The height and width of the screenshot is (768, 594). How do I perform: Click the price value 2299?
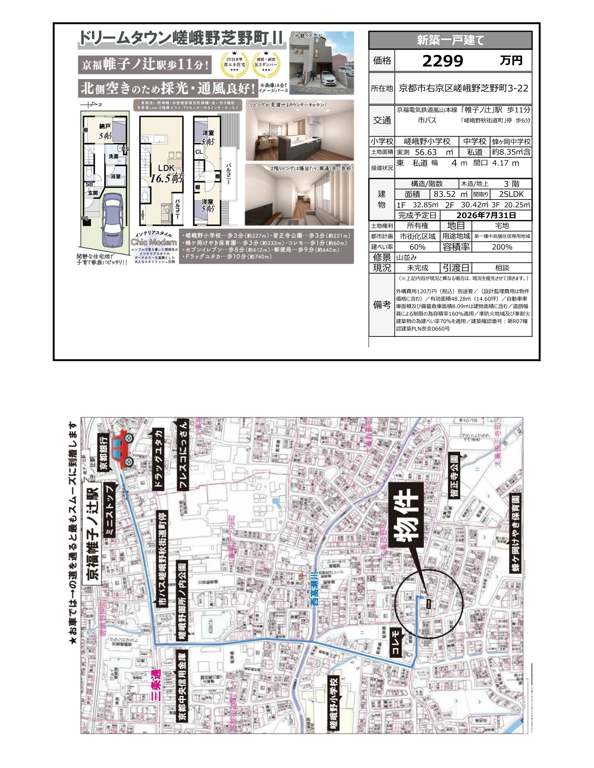tap(443, 61)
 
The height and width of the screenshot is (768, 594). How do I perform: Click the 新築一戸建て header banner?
tap(450, 40)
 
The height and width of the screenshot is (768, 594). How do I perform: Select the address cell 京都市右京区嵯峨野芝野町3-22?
tap(464, 89)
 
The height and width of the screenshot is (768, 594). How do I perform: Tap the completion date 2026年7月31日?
tap(486, 216)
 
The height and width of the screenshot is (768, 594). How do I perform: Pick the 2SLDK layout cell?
tap(511, 194)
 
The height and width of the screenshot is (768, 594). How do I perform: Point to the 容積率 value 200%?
tap(502, 247)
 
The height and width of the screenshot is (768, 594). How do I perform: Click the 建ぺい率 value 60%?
tap(417, 247)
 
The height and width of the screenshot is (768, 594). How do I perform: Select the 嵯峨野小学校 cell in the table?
tap(427, 142)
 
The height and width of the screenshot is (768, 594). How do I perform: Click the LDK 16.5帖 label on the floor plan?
tap(166, 174)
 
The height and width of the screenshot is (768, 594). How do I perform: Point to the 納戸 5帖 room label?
tap(105, 131)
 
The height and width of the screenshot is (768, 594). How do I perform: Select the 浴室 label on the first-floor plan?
tap(116, 176)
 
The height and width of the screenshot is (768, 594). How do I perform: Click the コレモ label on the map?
tap(396, 642)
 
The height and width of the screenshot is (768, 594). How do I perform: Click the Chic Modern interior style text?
tap(154, 242)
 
